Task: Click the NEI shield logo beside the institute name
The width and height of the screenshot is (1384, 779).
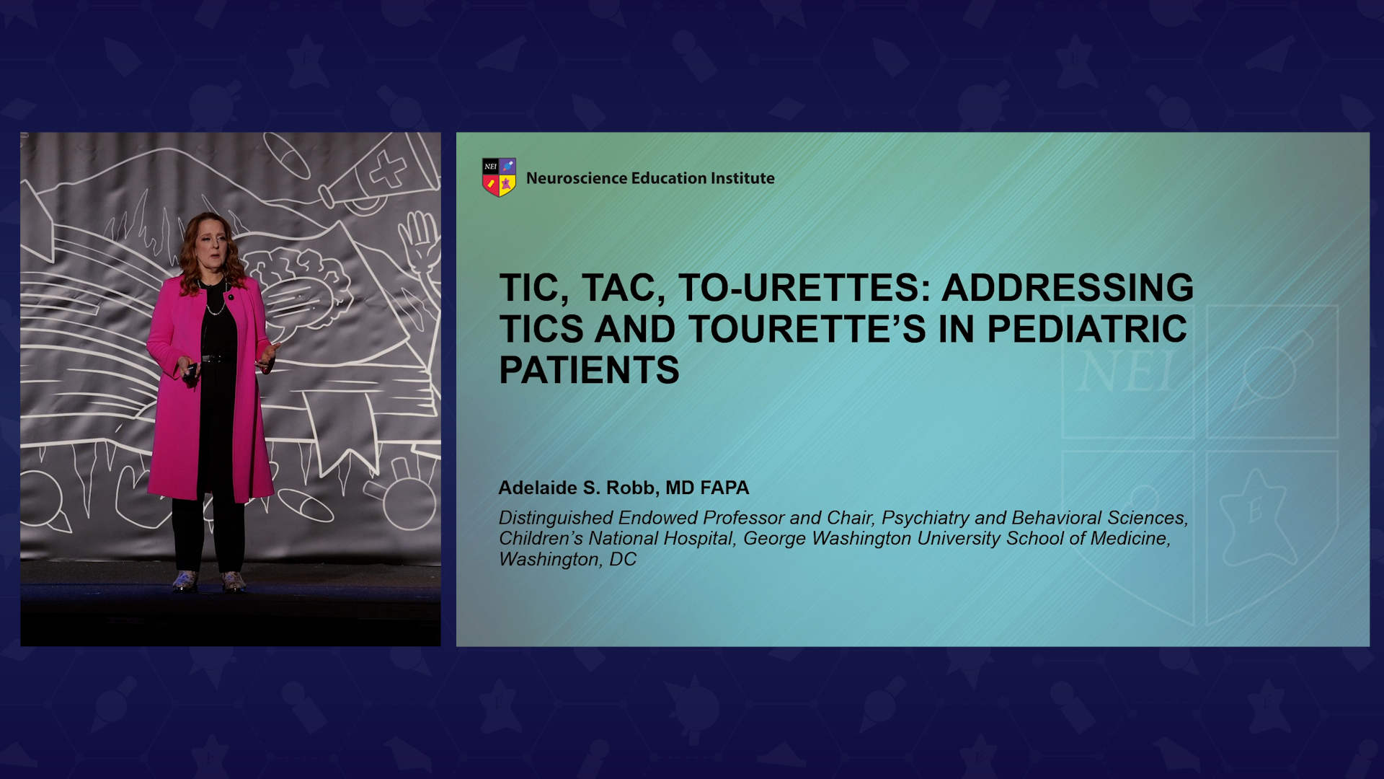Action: [499, 177]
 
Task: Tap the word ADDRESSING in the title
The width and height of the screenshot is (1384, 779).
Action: [1068, 287]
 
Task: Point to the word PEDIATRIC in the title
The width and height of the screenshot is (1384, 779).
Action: [1086, 329]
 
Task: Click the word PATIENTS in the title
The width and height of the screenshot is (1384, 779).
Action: [589, 370]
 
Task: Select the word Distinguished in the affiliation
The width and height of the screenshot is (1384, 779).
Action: [556, 518]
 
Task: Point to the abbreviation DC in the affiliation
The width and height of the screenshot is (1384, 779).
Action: [623, 560]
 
